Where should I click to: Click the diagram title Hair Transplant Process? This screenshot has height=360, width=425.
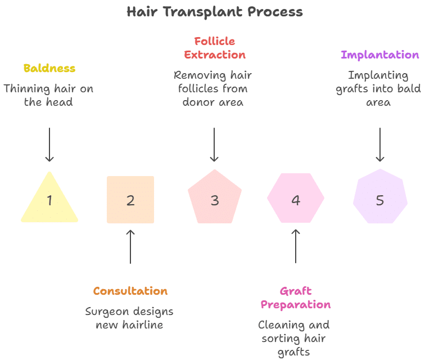pos(214,12)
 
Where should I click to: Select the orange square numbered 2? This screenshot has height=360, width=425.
pos(130,200)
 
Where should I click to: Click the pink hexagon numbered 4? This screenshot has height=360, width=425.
pos(296,200)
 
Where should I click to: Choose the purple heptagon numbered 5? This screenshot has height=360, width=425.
pos(380,199)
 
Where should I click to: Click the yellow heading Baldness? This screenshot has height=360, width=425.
pos(49,68)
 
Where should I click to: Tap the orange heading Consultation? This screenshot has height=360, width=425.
pos(130,291)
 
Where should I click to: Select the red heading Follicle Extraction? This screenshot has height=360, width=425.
pos(214,48)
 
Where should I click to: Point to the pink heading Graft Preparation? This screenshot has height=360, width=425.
pos(295,298)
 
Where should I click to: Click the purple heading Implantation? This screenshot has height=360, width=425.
pos(380,55)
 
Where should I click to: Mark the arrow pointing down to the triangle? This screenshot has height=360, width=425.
pos(49,145)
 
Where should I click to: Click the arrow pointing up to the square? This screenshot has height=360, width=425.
pos(130,246)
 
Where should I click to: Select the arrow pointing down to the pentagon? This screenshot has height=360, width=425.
pos(214,145)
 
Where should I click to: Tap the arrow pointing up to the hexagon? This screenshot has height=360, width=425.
pos(296,246)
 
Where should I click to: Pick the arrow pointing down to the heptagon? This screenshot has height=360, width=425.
pos(380,145)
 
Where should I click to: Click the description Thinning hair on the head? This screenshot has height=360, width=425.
pos(48,95)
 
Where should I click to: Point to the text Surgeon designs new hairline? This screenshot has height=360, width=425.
pos(129,318)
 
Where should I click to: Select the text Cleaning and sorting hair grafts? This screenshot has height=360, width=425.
pos(294,338)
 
